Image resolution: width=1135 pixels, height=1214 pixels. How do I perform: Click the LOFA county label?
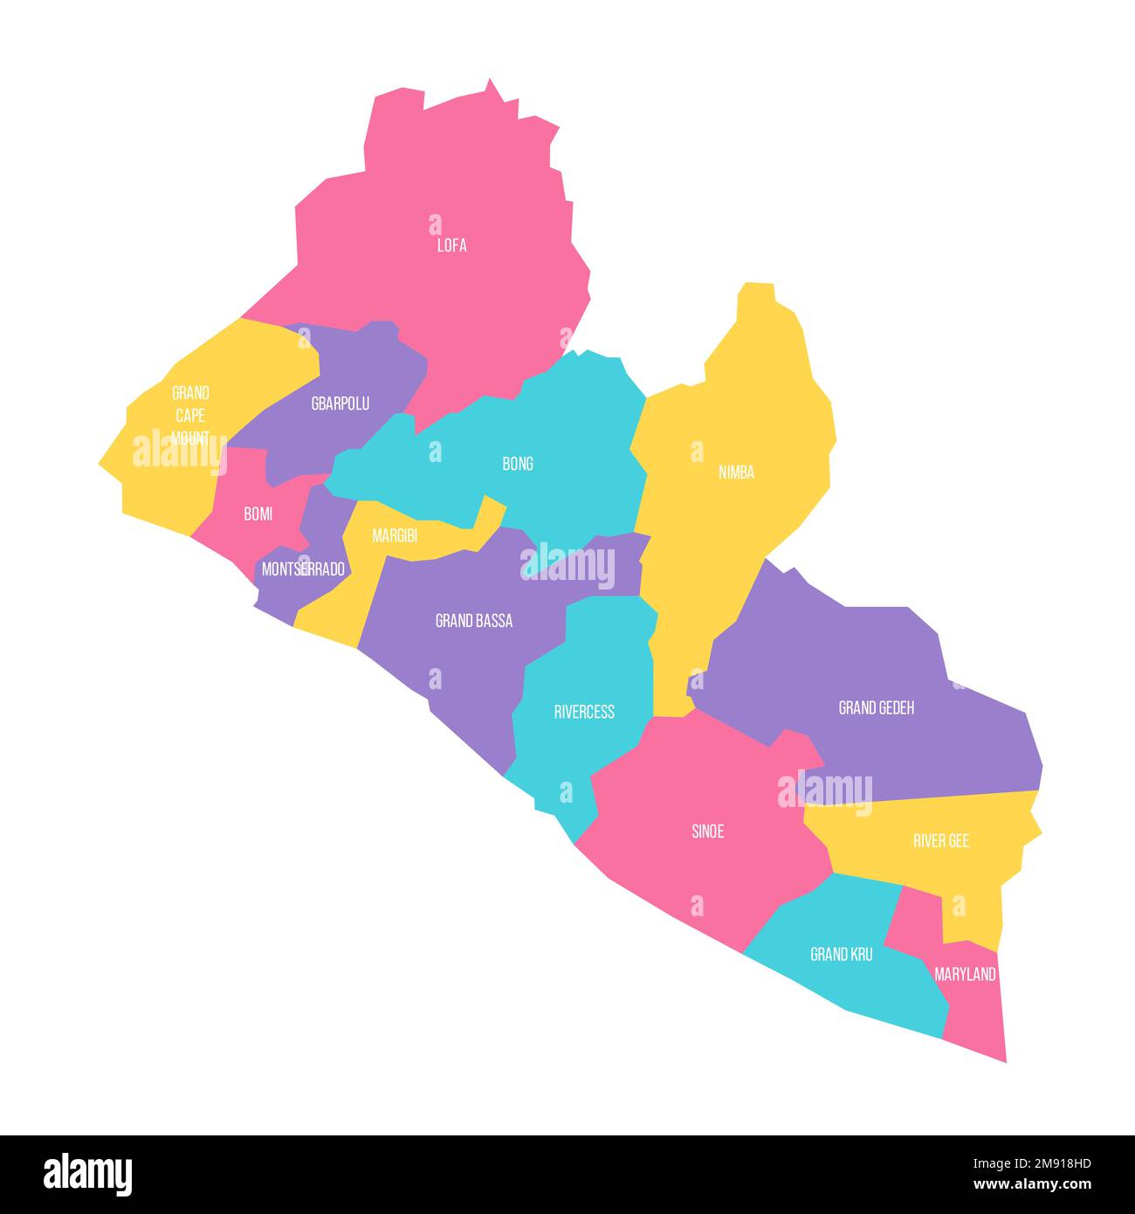point(451,245)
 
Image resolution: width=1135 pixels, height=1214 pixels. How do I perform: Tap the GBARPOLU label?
point(340,404)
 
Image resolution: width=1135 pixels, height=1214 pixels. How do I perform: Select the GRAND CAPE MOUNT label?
point(190,416)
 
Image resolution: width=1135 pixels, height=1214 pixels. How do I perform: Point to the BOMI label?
point(258,514)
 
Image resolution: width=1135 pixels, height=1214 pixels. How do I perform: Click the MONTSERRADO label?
point(303,569)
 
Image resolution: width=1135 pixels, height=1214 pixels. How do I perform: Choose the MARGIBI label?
point(395,536)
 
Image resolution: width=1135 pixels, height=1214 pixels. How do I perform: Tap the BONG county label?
point(518,464)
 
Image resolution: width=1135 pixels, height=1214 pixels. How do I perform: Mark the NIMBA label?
point(736,472)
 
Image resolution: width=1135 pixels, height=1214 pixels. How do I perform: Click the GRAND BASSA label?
point(474,621)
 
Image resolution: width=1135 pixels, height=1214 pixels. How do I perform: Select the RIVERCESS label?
point(584,712)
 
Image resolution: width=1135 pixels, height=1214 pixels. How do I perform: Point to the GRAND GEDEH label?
point(876,707)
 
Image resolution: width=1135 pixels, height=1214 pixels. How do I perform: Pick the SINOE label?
point(707,831)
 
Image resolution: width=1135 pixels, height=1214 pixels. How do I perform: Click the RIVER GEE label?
point(941,841)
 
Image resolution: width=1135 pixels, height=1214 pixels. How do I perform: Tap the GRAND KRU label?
point(841,955)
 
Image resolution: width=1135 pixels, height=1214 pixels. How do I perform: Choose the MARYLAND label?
point(965,974)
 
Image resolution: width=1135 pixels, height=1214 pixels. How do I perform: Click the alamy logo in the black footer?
point(88,1174)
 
